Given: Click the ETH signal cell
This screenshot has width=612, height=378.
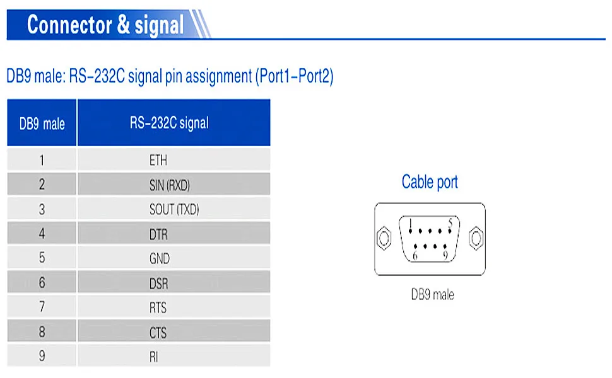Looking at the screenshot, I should [158, 160].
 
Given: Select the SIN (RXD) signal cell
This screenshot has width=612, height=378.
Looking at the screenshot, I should [169, 185].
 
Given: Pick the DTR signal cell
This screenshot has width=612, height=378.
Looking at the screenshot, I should [159, 234].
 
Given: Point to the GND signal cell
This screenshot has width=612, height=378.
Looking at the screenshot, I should [160, 259].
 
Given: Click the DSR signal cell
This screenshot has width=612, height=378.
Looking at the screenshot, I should [159, 283].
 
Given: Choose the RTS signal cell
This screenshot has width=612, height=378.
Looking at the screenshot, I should [158, 308].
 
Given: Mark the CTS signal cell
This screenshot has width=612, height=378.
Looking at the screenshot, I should [158, 333].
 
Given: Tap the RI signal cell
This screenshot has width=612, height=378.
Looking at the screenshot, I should [154, 357].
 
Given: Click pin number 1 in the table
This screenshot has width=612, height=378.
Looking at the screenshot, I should [42, 160].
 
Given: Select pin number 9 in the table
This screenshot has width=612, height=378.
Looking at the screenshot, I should [42, 356].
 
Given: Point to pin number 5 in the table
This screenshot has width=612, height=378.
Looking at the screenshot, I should [42, 258].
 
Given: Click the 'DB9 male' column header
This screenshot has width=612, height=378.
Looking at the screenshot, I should [42, 123].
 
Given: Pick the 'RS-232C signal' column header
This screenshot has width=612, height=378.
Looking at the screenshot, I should [169, 123].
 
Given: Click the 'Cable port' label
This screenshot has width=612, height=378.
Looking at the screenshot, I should [430, 183].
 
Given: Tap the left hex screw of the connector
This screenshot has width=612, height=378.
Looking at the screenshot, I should [383, 239].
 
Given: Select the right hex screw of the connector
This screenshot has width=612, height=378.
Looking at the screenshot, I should [477, 239].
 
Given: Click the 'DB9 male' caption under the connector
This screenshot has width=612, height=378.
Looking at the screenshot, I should [432, 294].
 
